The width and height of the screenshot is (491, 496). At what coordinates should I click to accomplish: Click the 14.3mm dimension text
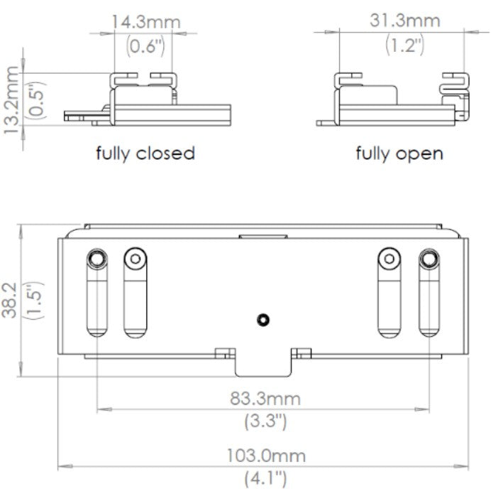pos(145,21)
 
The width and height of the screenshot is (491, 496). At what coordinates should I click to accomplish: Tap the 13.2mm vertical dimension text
pos(11,99)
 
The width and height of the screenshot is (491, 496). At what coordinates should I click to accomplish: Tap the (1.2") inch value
pos(404,45)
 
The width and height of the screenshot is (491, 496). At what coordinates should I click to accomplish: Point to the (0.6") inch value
pos(145,47)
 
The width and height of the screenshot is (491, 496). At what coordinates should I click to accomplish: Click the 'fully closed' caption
pos(145,153)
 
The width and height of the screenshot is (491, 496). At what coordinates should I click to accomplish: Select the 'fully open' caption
pos(399,153)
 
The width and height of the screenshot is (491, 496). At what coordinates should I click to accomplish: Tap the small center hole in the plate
pos(264,320)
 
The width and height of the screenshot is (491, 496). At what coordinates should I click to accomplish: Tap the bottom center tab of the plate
pos(263,364)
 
